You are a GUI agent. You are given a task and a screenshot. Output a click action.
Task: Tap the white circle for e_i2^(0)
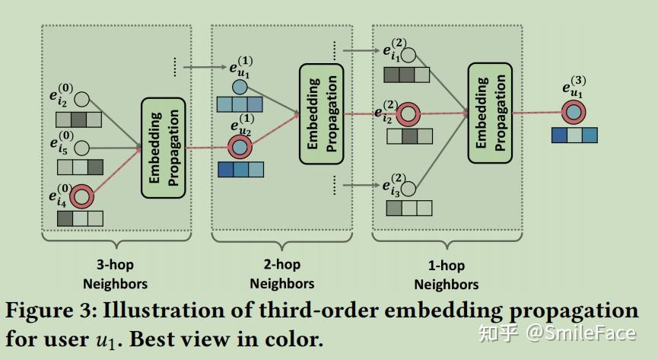pyautogui.click(x=81, y=100)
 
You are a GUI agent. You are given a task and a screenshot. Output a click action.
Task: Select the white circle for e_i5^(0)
pyautogui.click(x=81, y=148)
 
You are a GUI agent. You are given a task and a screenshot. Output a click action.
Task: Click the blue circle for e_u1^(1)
pyautogui.click(x=240, y=88)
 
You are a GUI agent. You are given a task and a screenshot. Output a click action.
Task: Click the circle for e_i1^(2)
pyautogui.click(x=408, y=56)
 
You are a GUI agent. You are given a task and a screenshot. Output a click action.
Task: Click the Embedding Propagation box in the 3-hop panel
pyautogui.click(x=164, y=148)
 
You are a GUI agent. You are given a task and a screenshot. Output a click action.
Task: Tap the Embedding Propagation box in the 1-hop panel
pyautogui.click(x=491, y=113)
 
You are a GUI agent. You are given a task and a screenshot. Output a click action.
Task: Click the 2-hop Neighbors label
pyautogui.click(x=281, y=274)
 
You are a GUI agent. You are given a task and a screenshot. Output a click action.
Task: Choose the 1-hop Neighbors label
pyautogui.click(x=446, y=276)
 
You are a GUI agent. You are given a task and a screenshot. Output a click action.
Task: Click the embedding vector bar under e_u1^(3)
pyautogui.click(x=574, y=135)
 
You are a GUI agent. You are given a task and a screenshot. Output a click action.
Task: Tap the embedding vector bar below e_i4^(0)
pyautogui.click(x=80, y=218)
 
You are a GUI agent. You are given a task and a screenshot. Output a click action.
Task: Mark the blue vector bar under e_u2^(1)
pyautogui.click(x=240, y=169)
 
